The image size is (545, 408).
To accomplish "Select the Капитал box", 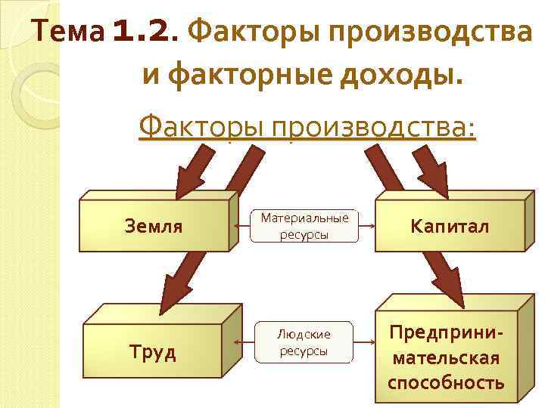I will [450, 226].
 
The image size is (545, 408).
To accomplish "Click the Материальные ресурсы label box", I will [304, 226].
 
